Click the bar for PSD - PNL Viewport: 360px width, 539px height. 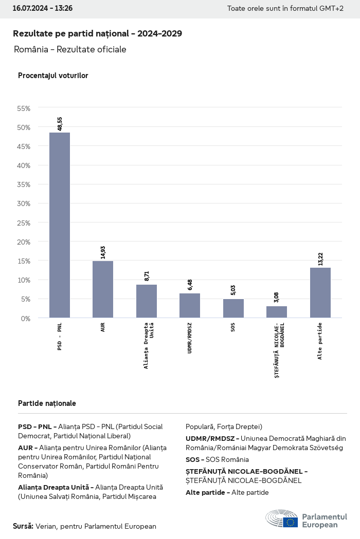tap(60, 225)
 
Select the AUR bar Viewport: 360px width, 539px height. tap(103, 289)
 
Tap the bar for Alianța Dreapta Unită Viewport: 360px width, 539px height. tap(147, 301)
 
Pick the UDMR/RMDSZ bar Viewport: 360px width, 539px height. tap(190, 306)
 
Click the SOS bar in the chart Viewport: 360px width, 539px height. tap(233, 308)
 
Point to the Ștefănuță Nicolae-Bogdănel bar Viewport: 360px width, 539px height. tap(277, 312)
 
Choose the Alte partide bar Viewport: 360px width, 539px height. tap(320, 292)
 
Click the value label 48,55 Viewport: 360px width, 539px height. tap(60, 124)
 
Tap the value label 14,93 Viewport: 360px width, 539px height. tap(103, 252)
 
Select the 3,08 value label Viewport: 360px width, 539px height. tap(277, 298)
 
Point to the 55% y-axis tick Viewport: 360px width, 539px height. tap(24, 108)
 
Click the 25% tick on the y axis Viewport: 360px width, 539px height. tap(24, 222)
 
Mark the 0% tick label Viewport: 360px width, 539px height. tap(26, 318)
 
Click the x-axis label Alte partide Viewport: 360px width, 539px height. tap(320, 341)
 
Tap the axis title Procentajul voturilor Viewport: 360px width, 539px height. tap(53, 76)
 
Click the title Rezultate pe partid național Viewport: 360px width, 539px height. tap(97, 33)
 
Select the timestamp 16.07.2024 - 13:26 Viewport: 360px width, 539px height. tap(43, 9)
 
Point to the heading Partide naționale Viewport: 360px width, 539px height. tap(47, 403)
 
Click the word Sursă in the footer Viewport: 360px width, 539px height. tap(23, 526)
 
